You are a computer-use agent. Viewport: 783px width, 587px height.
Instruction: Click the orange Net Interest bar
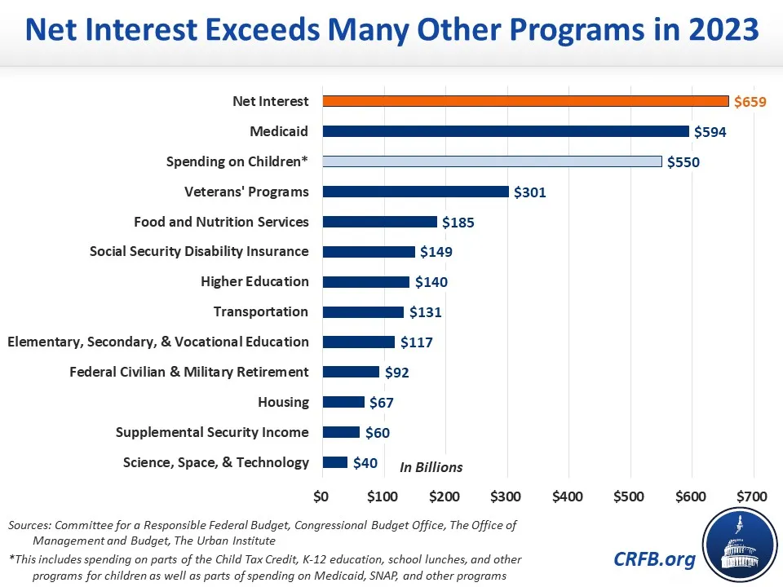click(525, 101)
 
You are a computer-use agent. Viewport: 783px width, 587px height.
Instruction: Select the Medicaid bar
click(506, 131)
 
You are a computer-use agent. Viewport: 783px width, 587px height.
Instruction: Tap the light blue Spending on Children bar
click(492, 161)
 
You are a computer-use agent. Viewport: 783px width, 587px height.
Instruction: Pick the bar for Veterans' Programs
click(415, 192)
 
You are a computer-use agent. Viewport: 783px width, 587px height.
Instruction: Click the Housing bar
click(343, 402)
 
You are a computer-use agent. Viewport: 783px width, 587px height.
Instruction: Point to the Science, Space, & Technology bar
click(335, 462)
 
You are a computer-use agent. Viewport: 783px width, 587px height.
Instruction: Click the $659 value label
click(750, 102)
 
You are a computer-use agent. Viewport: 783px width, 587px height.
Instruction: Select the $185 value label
click(458, 222)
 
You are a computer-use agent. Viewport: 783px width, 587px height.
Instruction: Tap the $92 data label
click(396, 373)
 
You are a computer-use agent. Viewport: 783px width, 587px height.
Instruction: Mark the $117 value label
click(416, 342)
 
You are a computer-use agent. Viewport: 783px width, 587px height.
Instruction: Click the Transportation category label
click(261, 311)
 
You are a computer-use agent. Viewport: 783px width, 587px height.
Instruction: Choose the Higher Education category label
click(254, 281)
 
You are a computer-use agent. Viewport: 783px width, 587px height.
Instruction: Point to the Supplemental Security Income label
click(212, 432)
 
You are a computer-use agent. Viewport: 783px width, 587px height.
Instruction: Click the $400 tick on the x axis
click(567, 496)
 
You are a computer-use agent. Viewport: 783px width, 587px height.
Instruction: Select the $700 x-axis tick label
click(751, 496)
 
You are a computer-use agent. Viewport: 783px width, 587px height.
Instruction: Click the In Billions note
click(431, 467)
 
